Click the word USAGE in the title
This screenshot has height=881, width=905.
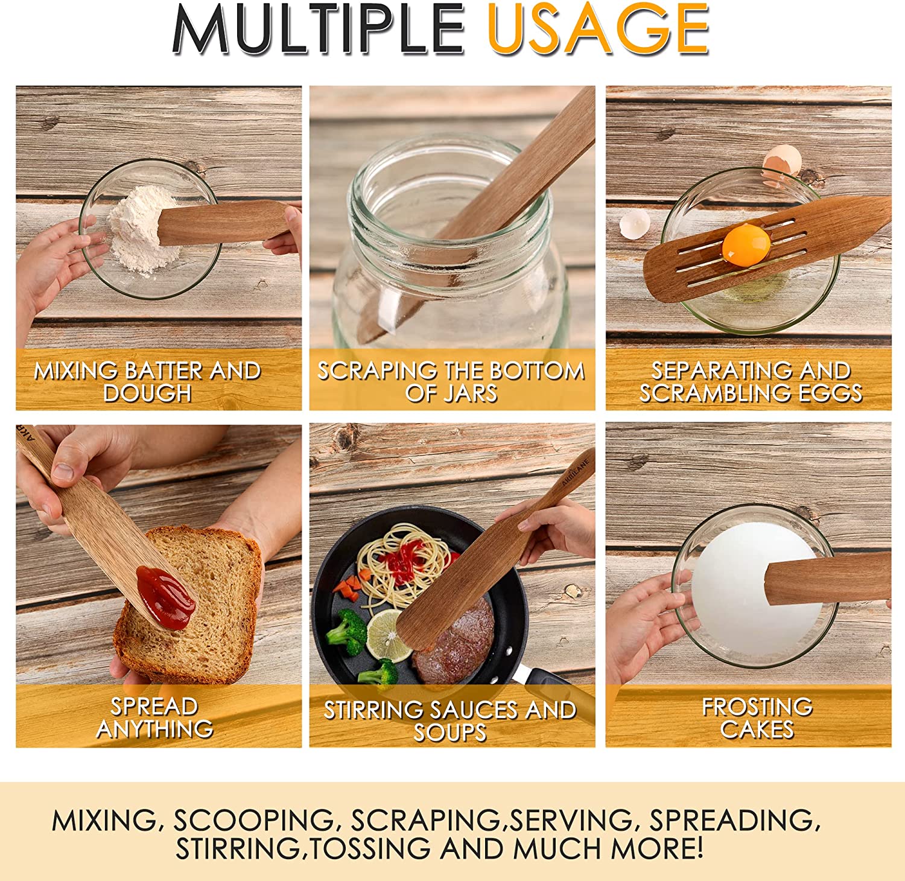(598, 28)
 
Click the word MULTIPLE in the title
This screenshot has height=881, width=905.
(318, 29)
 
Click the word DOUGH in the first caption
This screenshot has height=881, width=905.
(147, 393)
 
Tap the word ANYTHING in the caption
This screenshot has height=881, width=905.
(155, 729)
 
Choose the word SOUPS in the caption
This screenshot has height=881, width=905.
(450, 732)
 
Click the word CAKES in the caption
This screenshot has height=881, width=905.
(757, 729)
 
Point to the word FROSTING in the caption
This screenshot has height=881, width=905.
(757, 707)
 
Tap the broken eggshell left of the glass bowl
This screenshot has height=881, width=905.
(635, 223)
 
